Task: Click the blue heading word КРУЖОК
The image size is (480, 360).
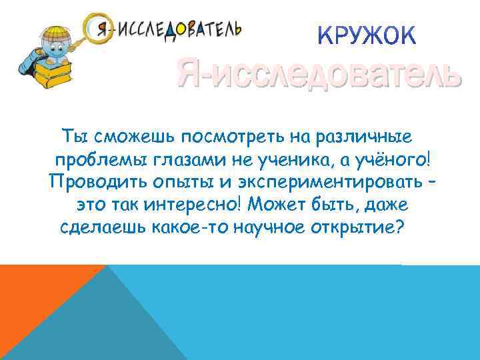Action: coord(367,35)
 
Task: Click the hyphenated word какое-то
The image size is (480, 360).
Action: coord(193,227)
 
